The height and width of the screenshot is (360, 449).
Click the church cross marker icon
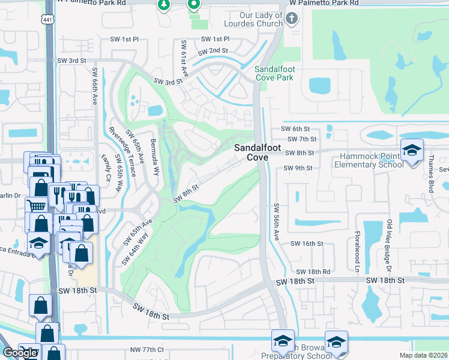tap(292, 19)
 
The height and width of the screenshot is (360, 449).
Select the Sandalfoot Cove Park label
tap(274, 73)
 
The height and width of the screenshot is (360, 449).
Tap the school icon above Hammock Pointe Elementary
tap(412, 150)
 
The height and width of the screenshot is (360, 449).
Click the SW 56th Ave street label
tap(277, 222)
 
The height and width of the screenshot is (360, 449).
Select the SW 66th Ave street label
tap(95, 86)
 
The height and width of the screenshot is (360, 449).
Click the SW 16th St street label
tap(307, 244)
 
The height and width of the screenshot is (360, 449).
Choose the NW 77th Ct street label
tap(147, 349)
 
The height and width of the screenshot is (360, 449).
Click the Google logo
tap(20, 353)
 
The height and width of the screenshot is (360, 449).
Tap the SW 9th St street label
tap(298, 168)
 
